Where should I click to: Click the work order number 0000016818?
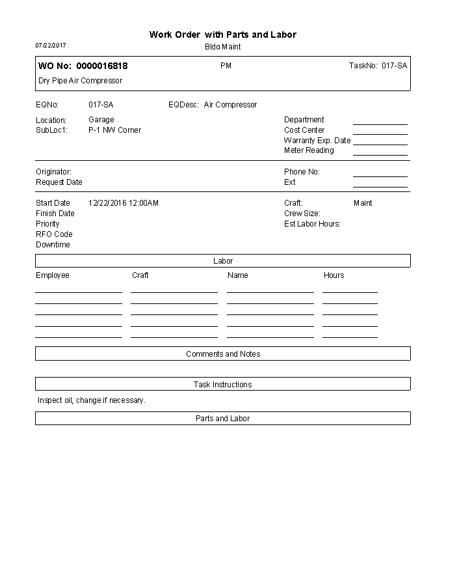102,66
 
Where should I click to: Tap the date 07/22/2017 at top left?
51,46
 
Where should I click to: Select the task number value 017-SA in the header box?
394,66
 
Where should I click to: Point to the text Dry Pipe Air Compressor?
80,81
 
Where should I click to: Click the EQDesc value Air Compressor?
230,105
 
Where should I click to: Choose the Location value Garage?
101,120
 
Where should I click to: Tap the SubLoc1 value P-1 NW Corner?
114,130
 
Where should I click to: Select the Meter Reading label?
309,150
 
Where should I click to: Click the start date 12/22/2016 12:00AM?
124,203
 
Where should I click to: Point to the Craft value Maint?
363,203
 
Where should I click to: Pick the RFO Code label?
54,234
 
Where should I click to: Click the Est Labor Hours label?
312,224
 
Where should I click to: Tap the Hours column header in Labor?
334,275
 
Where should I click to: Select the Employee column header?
52,275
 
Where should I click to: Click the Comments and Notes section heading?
223,354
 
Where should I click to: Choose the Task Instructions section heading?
223,385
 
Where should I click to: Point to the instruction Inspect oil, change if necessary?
91,400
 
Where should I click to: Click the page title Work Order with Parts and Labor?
223,35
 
